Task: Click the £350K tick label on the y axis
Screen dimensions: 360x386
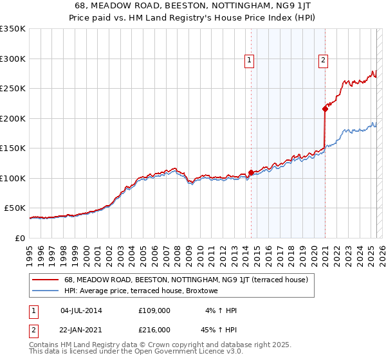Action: pos(13,29)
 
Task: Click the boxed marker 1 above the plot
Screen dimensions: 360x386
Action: pos(249,60)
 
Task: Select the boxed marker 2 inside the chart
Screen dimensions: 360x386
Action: pos(323,60)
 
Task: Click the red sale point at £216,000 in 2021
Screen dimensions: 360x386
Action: pos(326,109)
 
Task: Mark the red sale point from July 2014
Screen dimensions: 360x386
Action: pos(250,173)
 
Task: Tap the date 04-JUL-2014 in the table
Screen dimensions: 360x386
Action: pos(81,310)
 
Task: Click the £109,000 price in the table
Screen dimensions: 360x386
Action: pos(154,310)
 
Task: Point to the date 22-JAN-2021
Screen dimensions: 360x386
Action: pos(81,330)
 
